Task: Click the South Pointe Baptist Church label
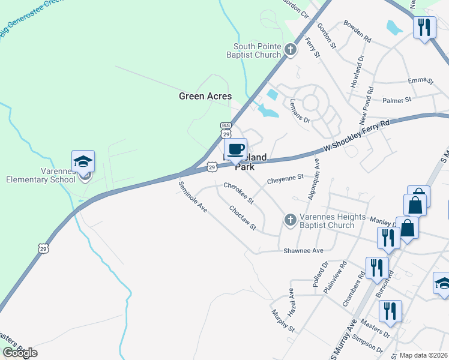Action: (x=257, y=50)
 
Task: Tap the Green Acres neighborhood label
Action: (x=205, y=96)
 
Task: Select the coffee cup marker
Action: (x=235, y=149)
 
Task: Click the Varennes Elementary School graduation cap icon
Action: (x=83, y=161)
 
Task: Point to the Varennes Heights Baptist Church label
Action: (x=325, y=221)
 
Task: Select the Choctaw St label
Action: (x=243, y=218)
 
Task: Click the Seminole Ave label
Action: (x=193, y=197)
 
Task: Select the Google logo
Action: (x=19, y=353)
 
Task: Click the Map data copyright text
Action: (x=424, y=355)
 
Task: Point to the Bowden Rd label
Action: (x=358, y=31)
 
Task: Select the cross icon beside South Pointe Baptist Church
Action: (x=291, y=49)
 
